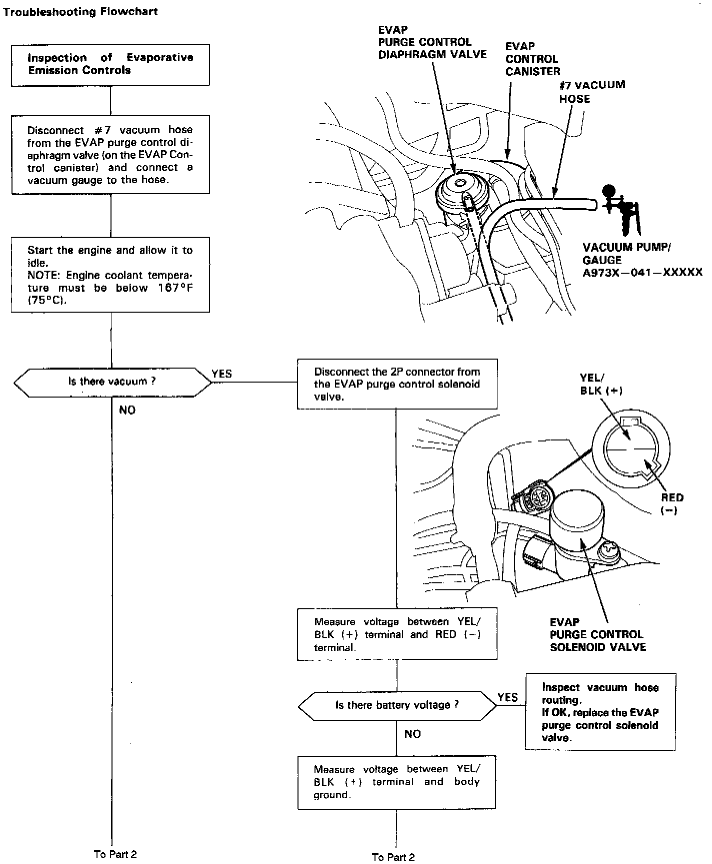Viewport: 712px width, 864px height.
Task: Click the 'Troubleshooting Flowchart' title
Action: [x=80, y=11]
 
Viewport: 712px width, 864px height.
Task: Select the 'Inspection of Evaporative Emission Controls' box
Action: [x=110, y=64]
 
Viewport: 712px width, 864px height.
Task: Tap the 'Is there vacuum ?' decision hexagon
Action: [x=112, y=382]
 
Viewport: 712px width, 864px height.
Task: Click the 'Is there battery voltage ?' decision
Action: [x=397, y=706]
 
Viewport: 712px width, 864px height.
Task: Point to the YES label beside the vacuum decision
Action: [x=221, y=374]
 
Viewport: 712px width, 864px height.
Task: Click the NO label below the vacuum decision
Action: [x=127, y=410]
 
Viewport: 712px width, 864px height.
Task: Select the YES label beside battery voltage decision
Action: [x=507, y=698]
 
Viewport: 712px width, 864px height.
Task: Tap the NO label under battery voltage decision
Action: [x=412, y=734]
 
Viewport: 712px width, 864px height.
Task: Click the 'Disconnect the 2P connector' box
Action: [x=397, y=384]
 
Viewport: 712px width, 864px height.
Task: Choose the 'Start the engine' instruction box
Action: [x=110, y=275]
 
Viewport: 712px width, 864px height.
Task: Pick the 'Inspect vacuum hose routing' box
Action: [x=600, y=712]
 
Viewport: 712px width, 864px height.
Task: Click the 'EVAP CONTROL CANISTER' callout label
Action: [x=532, y=59]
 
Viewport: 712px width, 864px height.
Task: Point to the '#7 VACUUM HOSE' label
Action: [x=591, y=91]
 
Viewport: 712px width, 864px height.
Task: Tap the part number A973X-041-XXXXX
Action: [x=642, y=272]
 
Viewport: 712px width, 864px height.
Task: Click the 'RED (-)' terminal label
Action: [x=671, y=503]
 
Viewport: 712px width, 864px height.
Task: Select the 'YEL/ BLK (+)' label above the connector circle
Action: [x=601, y=384]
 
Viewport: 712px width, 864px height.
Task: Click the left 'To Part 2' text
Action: [x=115, y=854]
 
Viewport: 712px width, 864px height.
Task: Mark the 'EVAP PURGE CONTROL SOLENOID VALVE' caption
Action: [x=597, y=635]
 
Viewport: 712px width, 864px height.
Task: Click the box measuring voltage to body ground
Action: [x=396, y=782]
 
